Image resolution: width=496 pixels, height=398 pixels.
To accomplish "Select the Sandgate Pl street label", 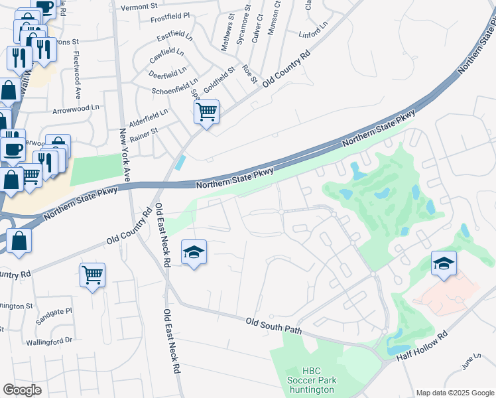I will click(56, 310).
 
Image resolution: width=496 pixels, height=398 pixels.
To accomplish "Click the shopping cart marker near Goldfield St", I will click(207, 111).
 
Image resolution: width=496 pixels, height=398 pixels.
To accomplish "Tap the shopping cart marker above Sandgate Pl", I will click(92, 274).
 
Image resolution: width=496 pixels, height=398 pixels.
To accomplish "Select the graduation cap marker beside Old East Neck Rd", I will click(194, 252).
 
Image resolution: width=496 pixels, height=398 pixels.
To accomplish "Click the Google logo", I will click(23, 390).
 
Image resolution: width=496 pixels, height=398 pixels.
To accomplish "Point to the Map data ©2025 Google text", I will click(455, 393).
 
